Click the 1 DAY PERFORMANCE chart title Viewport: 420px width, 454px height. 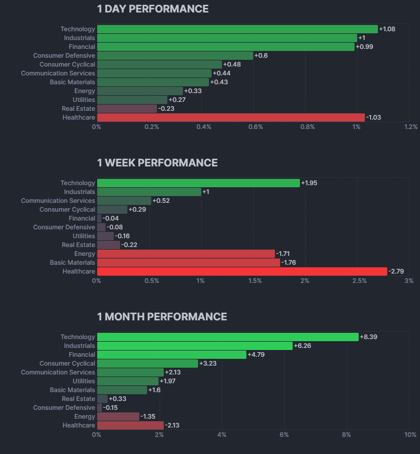click(x=153, y=9)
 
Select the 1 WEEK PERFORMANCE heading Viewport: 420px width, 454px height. click(x=157, y=163)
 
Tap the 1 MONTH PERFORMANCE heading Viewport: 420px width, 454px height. click(x=162, y=317)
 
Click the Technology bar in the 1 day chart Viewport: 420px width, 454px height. click(x=237, y=29)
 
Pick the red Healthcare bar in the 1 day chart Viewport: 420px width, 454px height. click(x=231, y=118)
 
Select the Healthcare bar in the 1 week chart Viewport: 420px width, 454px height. click(x=242, y=271)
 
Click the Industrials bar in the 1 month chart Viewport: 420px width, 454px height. click(x=194, y=346)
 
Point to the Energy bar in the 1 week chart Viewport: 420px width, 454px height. click(x=186, y=254)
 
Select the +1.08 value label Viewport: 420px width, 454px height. click(x=387, y=29)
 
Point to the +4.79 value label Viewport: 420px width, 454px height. click(x=256, y=355)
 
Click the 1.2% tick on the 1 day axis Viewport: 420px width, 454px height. click(x=411, y=127)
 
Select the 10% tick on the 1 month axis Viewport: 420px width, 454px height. click(x=410, y=435)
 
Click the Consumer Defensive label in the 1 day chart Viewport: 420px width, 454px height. click(x=64, y=56)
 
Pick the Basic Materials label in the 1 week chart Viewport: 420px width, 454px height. click(x=72, y=263)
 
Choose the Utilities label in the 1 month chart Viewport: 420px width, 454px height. click(x=84, y=381)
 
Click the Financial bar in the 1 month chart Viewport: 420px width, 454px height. click(x=172, y=355)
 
